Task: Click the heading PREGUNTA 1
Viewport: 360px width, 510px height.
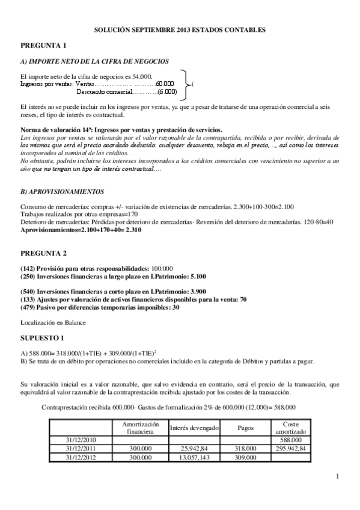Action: coord(43,45)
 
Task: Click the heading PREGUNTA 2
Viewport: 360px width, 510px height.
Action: coord(43,253)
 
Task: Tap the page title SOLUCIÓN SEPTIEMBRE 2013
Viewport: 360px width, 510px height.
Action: coord(180,29)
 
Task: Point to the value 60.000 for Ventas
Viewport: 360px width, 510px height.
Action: coord(165,84)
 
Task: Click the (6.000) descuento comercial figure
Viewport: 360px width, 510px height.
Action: coord(167,92)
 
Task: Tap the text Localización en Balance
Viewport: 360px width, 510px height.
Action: coord(53,322)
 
